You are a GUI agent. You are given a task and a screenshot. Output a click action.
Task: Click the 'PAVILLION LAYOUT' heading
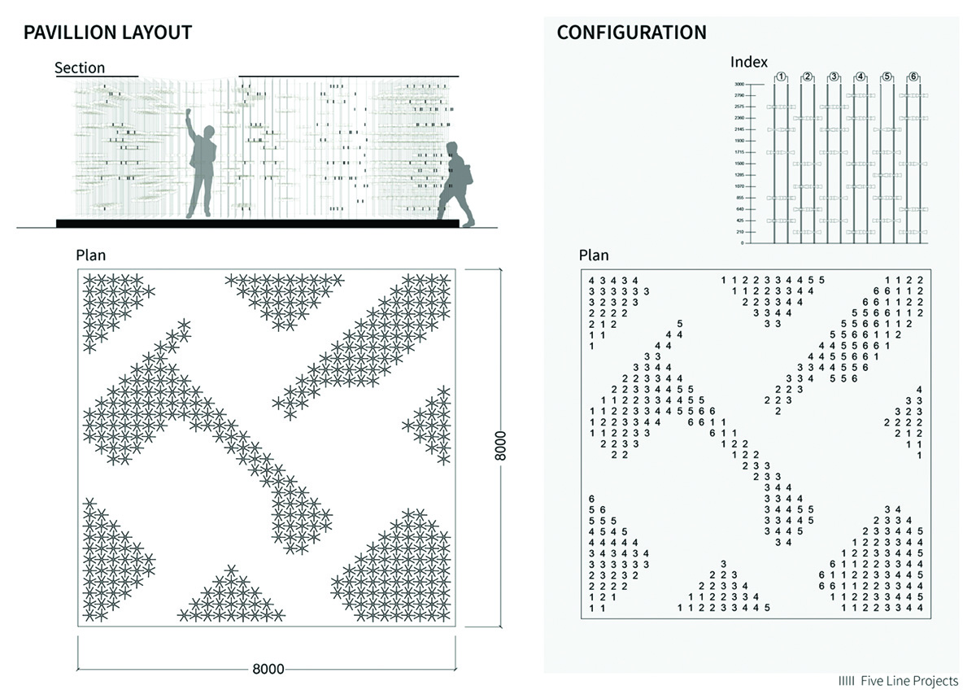[107, 33]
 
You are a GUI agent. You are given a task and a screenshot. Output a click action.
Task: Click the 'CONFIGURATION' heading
[631, 33]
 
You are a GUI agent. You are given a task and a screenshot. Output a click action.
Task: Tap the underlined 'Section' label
[80, 68]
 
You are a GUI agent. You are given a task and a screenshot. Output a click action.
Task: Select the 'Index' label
[749, 62]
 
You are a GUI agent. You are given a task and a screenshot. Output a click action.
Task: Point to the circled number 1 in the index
[781, 76]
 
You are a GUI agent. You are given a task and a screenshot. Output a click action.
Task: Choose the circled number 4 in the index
[861, 76]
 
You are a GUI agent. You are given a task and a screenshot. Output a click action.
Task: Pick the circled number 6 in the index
[913, 76]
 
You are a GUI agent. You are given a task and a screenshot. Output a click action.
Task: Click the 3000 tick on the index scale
[739, 85]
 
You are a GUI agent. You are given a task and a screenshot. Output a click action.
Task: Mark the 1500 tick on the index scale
[739, 164]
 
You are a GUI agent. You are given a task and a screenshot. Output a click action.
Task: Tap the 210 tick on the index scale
[739, 232]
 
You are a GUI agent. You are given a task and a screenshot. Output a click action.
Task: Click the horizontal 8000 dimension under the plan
[268, 669]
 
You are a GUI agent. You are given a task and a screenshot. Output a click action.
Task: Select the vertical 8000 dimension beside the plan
[501, 446]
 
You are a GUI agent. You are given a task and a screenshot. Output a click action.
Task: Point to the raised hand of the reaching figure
[189, 113]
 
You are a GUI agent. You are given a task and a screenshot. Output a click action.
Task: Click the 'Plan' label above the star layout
[90, 255]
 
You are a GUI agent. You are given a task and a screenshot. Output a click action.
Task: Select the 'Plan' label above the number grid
[594, 255]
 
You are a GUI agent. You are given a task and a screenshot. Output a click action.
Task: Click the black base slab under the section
[257, 223]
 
